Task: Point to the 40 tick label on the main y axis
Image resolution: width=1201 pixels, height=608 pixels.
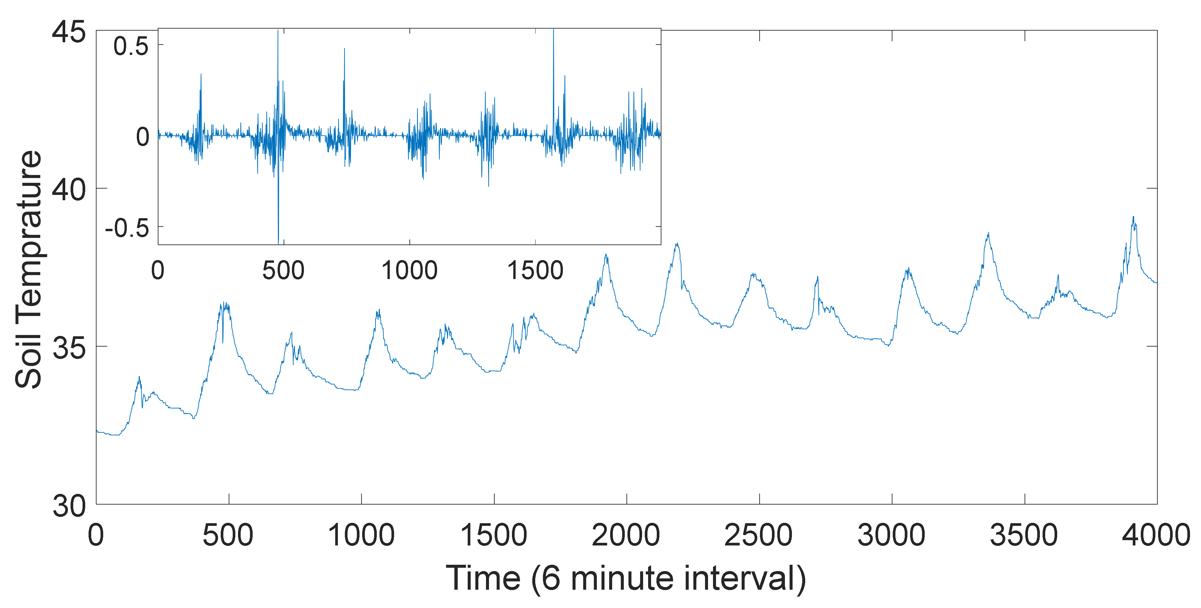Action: tap(69, 189)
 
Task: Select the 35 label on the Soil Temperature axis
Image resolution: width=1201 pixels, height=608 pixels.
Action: tap(69, 347)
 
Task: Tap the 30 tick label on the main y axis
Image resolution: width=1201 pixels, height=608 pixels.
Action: tap(69, 506)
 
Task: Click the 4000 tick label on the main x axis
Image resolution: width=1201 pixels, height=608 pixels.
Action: tap(1156, 535)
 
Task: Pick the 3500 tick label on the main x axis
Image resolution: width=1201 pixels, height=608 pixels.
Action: tap(1024, 535)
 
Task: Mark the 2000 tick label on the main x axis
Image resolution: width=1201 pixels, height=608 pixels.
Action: tap(626, 535)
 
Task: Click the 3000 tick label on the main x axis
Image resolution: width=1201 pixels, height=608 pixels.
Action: tap(891, 535)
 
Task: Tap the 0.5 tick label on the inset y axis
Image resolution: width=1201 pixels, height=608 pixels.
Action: tap(131, 46)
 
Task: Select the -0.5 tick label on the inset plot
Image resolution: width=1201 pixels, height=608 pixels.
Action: tap(127, 228)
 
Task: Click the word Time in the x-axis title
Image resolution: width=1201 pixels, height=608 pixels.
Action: tap(483, 578)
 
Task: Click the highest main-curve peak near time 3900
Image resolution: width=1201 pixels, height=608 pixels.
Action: tap(1133, 217)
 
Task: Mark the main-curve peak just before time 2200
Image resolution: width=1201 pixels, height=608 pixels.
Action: tap(676, 244)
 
